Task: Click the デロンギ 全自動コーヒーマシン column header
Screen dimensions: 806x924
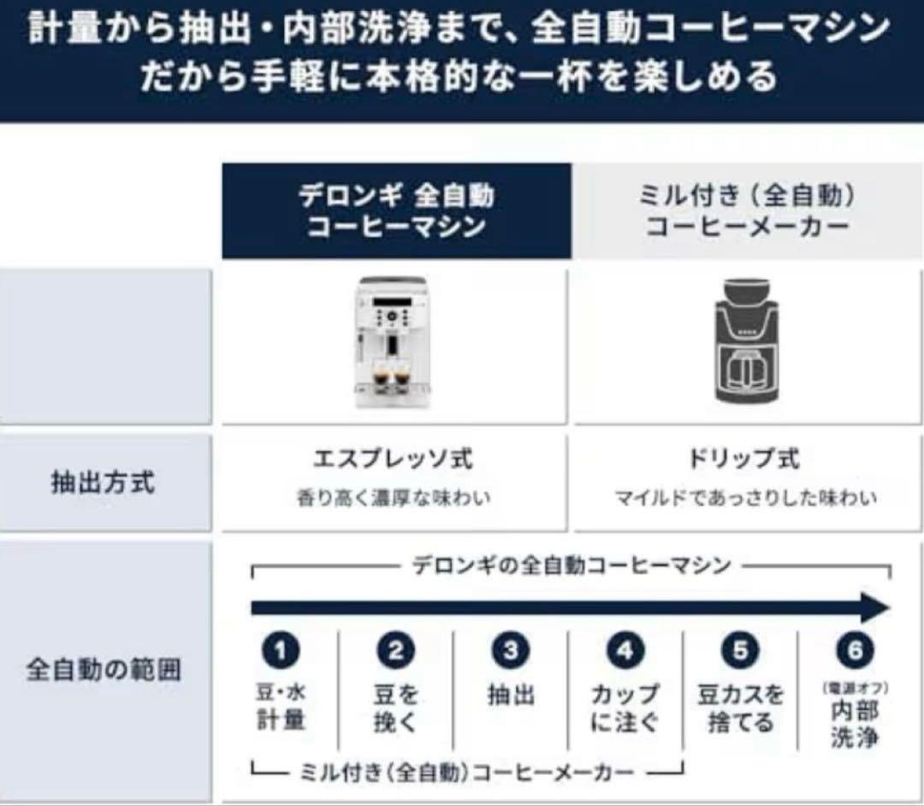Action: point(396,210)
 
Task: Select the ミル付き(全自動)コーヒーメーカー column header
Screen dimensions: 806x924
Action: point(747,210)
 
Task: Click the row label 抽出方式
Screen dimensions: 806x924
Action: point(104,483)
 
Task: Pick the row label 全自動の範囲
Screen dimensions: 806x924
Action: point(104,669)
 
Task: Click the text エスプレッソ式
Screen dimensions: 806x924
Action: point(393,459)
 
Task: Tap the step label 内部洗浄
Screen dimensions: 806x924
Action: point(855,724)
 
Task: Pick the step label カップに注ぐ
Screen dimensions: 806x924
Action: point(625,708)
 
